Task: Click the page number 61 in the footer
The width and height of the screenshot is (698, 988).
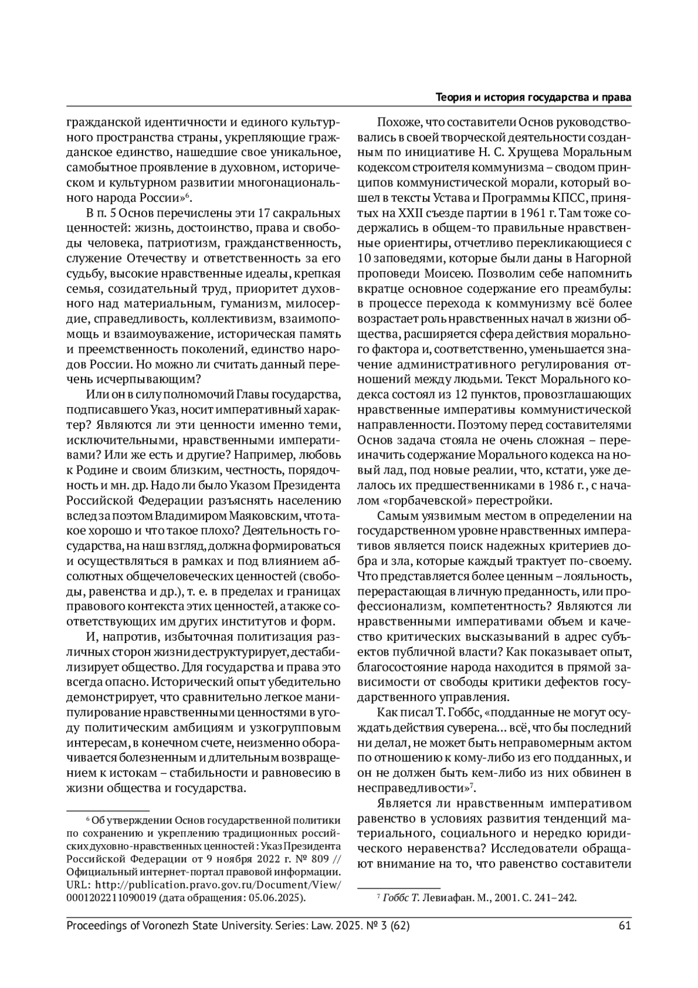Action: pyautogui.click(x=625, y=926)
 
